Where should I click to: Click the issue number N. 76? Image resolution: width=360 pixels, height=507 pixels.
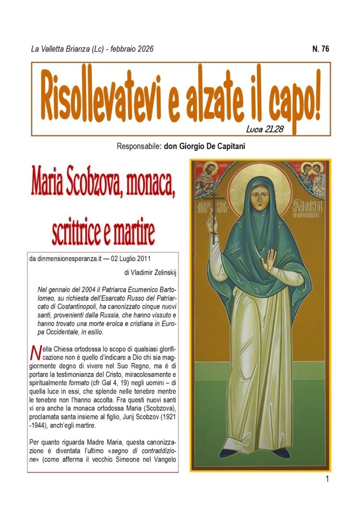[320, 49]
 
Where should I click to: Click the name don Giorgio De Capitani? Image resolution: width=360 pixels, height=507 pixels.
[204, 146]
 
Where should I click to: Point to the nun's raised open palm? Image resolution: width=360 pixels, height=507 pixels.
[271, 259]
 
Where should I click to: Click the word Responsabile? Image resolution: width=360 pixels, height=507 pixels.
[138, 146]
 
